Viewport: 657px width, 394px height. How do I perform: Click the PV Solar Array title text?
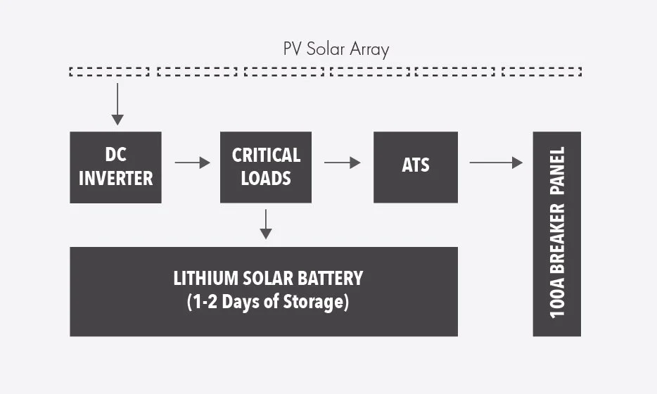point(336,49)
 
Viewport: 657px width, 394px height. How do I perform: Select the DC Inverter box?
point(115,167)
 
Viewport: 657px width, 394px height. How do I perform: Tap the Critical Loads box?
point(266,167)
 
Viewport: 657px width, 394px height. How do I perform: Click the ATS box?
point(415,167)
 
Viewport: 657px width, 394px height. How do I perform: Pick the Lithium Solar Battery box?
point(264,291)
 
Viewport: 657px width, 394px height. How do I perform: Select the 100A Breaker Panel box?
point(557,234)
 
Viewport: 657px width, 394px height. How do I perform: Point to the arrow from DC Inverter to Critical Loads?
point(192,163)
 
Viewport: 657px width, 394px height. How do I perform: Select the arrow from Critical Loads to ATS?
point(342,163)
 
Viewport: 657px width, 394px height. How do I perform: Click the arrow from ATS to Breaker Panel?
point(496,163)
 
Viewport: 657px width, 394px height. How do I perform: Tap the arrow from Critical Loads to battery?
point(266,224)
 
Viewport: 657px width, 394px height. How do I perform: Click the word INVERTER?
point(115,178)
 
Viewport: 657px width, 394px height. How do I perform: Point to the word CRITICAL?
point(266,155)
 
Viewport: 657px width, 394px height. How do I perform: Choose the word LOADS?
point(266,178)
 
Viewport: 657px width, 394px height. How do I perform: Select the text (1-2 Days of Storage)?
point(268,303)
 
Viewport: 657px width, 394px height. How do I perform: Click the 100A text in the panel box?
point(557,299)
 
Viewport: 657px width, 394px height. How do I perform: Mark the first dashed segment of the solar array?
point(110,72)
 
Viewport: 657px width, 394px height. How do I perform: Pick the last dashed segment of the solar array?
point(542,72)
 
